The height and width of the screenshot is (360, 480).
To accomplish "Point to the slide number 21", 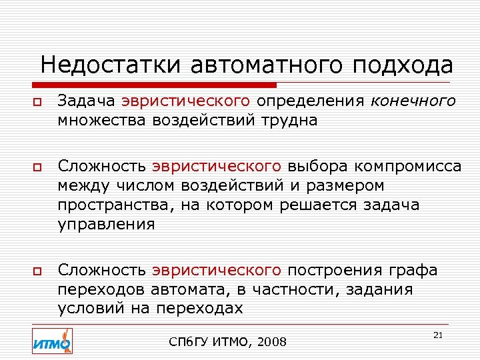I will (x=438, y=335).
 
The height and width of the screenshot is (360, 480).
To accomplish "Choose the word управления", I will (x=106, y=224).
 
